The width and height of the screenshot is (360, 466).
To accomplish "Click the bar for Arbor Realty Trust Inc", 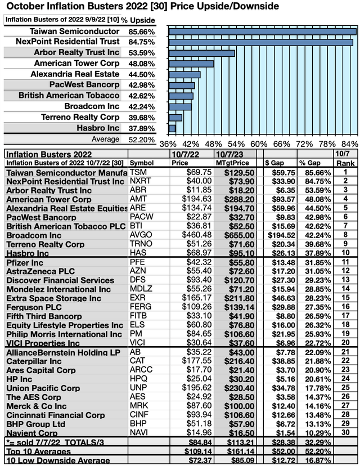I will click(201, 53).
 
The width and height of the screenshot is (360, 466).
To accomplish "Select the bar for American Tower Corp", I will click(191, 64).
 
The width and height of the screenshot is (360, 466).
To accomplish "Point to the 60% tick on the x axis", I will click(259, 141).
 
